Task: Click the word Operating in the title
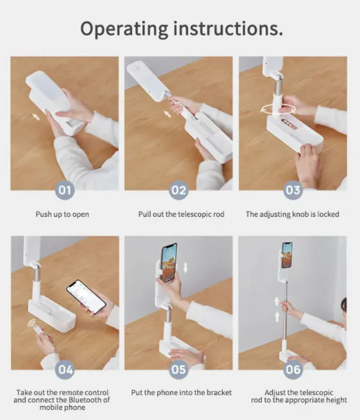click(x=124, y=29)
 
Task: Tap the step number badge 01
click(x=65, y=190)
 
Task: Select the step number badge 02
click(x=179, y=190)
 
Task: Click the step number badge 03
click(x=293, y=190)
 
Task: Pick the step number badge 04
click(x=65, y=370)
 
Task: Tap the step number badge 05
click(x=179, y=370)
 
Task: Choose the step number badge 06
click(x=293, y=370)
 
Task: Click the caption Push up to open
click(x=62, y=214)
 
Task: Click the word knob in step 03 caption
click(x=301, y=214)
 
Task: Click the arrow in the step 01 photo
click(x=36, y=117)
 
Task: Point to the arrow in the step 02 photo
click(x=168, y=114)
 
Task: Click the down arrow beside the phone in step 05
click(x=185, y=268)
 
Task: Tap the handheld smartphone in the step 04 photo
click(x=86, y=296)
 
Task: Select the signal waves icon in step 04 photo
click(x=33, y=324)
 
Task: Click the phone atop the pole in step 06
click(x=287, y=255)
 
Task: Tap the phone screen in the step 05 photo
click(x=169, y=262)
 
